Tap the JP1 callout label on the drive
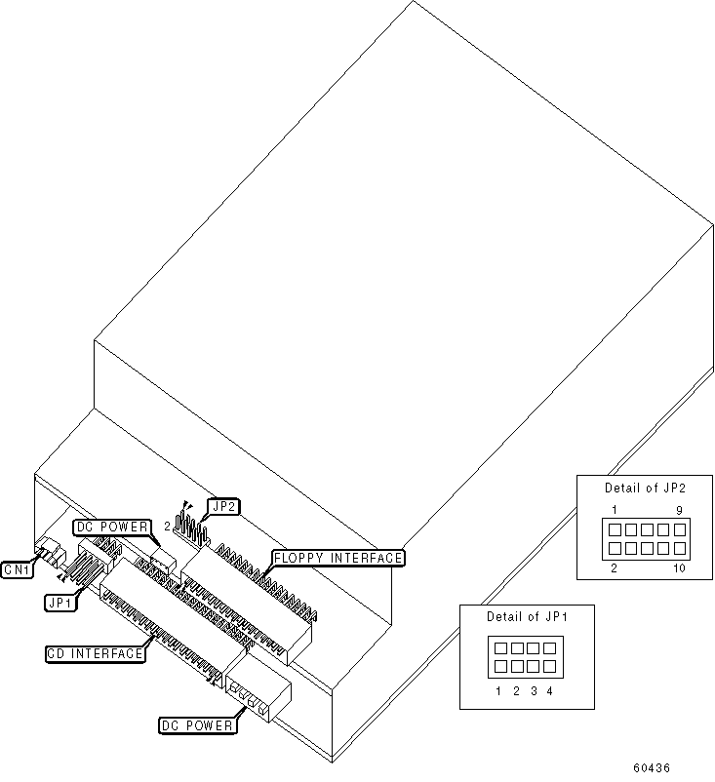click(x=60, y=603)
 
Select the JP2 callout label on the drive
click(x=225, y=506)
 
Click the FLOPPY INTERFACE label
click(x=338, y=558)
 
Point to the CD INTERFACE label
click(x=96, y=653)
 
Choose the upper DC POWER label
click(x=113, y=528)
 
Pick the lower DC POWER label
click(x=197, y=725)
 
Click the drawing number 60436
click(x=650, y=768)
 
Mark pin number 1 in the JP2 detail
click(x=615, y=510)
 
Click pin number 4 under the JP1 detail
click(x=550, y=691)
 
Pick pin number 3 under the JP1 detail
click(x=534, y=691)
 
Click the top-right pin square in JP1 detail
click(x=549, y=647)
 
